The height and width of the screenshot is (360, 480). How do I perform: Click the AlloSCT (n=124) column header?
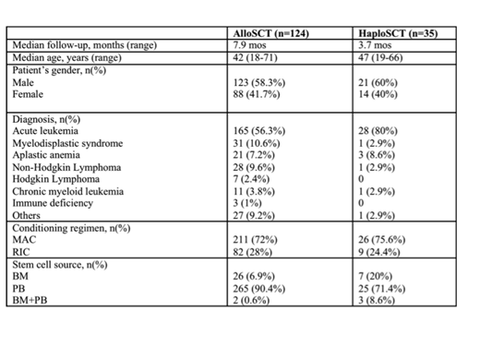274,33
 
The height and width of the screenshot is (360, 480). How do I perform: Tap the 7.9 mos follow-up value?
251,44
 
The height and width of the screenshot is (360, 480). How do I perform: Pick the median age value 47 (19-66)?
378,55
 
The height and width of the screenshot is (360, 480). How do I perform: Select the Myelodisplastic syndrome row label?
66,145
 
